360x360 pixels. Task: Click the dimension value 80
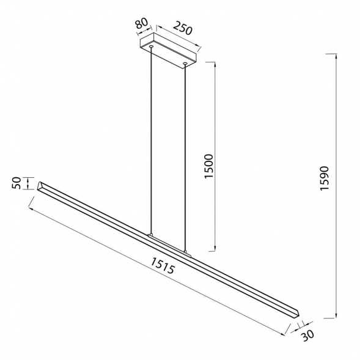tap(141, 23)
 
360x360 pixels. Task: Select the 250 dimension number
tap(182, 28)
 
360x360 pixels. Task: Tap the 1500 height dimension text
tap(209, 166)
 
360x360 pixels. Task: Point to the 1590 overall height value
tap(325, 178)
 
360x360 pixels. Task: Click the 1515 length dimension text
tap(163, 265)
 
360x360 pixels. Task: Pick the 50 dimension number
tap(17, 183)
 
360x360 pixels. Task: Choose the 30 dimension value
tap(307, 336)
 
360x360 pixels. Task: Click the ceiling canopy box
tap(168, 51)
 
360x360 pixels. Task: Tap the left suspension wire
tap(151, 141)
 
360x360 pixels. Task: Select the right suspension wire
tap(185, 157)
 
